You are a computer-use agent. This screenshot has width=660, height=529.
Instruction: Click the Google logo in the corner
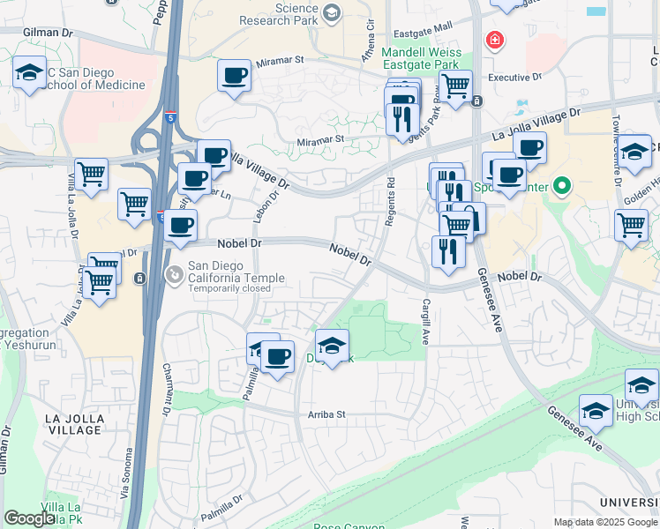tap(29, 518)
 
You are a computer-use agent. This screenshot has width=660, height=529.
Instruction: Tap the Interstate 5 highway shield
tap(172, 115)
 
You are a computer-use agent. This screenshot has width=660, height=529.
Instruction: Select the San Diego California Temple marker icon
tap(175, 276)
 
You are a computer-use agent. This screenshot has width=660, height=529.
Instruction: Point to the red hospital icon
tap(495, 41)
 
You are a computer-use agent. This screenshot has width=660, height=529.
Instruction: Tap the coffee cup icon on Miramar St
tap(235, 76)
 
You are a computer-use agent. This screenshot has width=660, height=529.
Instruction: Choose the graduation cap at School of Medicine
tap(29, 74)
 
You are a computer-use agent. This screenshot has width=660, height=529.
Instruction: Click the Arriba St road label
tap(326, 414)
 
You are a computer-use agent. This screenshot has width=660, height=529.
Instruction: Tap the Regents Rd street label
tap(389, 202)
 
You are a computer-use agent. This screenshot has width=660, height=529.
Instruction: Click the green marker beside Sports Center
tap(560, 186)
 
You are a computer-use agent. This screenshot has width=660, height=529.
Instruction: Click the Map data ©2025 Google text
tap(604, 522)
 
